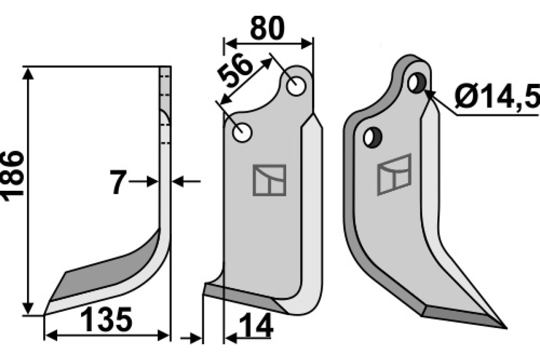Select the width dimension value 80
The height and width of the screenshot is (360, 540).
[267, 28]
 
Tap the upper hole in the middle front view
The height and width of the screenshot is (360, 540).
[296, 86]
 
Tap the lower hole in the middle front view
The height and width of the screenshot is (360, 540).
[242, 133]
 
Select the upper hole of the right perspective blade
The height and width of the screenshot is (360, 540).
[417, 83]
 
